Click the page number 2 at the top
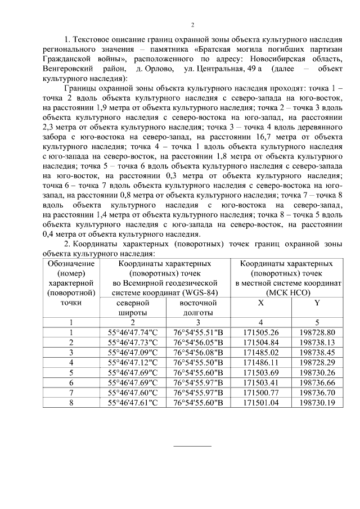tap(192, 25)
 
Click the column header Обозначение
tap(71, 263)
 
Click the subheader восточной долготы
tap(198, 308)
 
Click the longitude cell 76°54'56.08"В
tap(198, 353)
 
